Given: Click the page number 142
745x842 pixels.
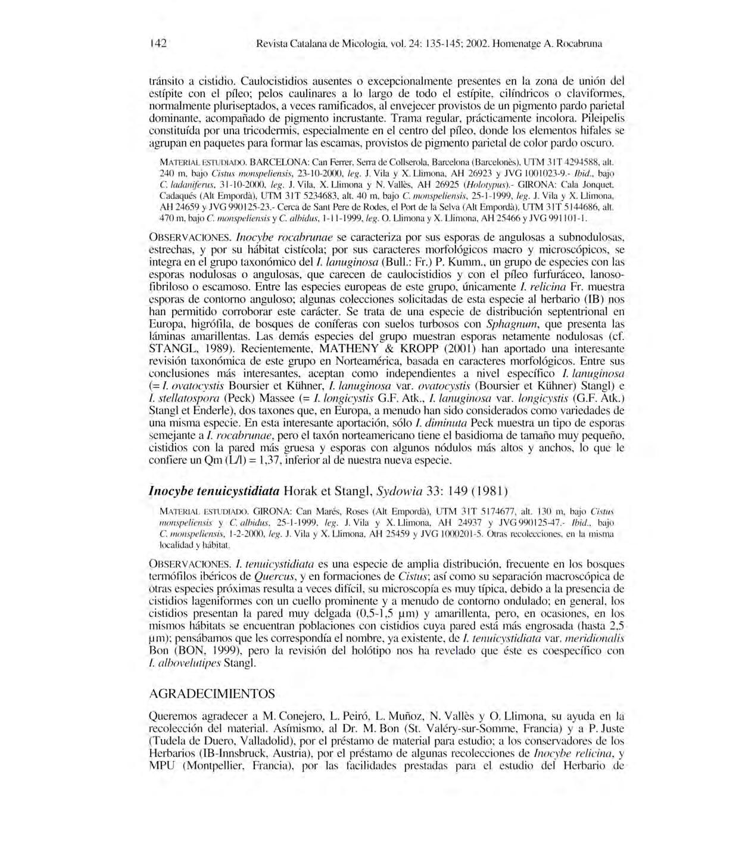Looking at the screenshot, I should pyautogui.click(x=158, y=43).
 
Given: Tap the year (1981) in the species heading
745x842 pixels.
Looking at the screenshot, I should pyautogui.click(x=487, y=491).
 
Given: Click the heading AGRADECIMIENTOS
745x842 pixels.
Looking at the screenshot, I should pyautogui.click(x=211, y=694).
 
